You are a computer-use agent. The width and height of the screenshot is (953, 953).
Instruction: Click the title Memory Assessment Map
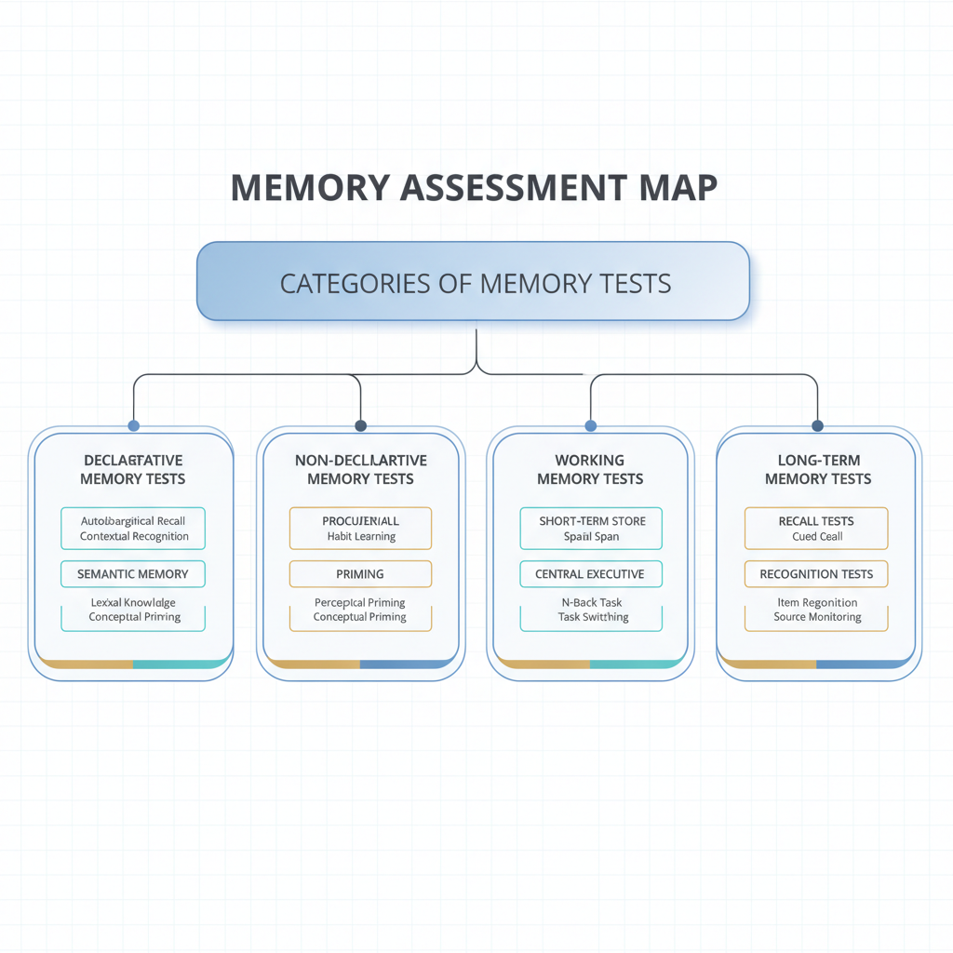[x=474, y=187]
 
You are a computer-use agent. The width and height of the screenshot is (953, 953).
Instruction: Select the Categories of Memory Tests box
[x=474, y=282]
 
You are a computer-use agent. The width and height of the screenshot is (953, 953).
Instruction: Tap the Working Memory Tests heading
[x=590, y=469]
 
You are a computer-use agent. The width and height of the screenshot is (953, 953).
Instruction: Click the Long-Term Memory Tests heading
[x=818, y=469]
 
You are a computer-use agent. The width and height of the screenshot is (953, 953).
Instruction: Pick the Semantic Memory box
[x=133, y=574]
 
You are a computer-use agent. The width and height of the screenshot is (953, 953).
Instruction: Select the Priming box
[x=360, y=574]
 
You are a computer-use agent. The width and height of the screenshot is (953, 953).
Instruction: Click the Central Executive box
[x=590, y=574]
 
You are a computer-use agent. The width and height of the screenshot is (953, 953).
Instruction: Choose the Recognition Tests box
[x=816, y=574]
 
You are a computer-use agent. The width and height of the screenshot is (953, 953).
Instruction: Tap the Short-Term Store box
[x=590, y=528]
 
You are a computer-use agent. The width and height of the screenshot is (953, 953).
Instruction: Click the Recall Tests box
[x=816, y=528]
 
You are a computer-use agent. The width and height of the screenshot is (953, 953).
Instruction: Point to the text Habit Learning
[x=361, y=536]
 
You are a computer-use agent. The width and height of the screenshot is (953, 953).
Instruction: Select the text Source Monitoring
[x=817, y=617]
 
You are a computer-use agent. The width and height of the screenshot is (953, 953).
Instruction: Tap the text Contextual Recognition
[x=134, y=536]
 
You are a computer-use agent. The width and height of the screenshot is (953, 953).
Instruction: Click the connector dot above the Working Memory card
[x=590, y=425]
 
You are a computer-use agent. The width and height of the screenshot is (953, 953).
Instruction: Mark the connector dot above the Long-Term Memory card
[x=818, y=425]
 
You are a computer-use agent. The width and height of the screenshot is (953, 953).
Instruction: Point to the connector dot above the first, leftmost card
[x=133, y=425]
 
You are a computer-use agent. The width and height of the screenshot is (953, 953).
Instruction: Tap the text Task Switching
[x=593, y=617]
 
